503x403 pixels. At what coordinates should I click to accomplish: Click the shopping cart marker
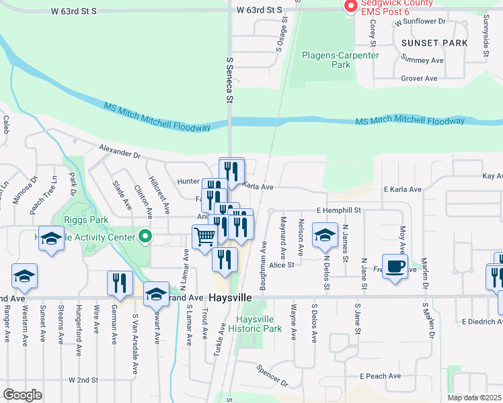coord(204,237)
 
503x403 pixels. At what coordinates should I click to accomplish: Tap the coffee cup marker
coord(395,265)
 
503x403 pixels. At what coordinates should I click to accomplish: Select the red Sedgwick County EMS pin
coord(350,6)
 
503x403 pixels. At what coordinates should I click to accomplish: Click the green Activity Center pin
coord(144,236)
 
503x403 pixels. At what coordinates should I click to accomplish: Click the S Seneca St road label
coord(229,80)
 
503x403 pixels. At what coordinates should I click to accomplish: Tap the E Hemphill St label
coord(339,210)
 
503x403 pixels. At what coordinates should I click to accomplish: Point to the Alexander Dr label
coord(119,151)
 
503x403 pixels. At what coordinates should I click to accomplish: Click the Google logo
coord(23,395)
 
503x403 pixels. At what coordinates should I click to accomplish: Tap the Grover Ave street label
coord(419,79)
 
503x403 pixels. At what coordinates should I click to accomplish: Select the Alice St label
coord(282,265)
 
